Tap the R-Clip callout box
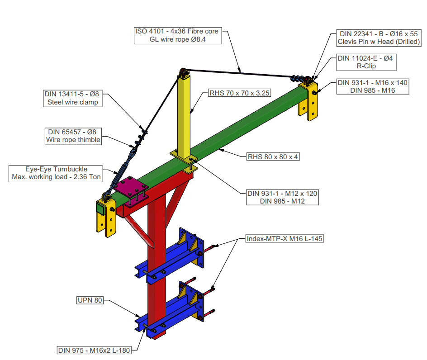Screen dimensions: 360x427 367,62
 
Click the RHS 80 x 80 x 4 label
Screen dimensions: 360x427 273,157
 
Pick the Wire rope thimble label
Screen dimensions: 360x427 73,136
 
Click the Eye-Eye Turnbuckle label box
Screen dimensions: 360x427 55,173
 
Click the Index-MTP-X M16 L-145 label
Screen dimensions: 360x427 284,238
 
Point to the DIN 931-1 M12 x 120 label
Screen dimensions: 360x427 282,197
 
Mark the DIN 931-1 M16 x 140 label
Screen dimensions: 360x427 373,87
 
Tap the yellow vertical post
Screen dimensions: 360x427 185,118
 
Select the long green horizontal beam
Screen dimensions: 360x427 240,131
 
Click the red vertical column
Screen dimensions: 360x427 155,271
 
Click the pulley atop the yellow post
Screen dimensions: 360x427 184,72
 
